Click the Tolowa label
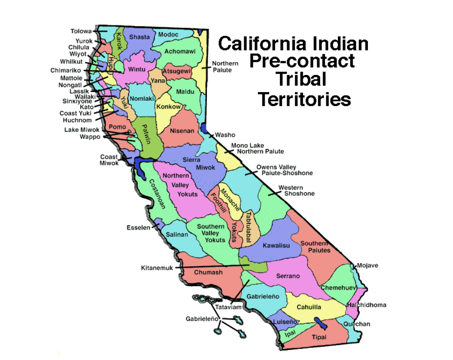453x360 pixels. click(81, 32)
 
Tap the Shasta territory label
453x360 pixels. click(140, 37)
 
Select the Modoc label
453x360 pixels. click(168, 35)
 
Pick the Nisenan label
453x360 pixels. click(182, 130)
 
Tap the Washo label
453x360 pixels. click(225, 135)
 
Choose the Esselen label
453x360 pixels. click(138, 227)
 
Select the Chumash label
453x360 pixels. click(208, 273)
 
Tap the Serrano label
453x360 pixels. click(288, 276)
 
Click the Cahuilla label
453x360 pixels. click(309, 307)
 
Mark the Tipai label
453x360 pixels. click(319, 337)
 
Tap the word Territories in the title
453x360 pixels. click(304, 99)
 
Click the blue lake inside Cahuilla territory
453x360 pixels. click(320, 323)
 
